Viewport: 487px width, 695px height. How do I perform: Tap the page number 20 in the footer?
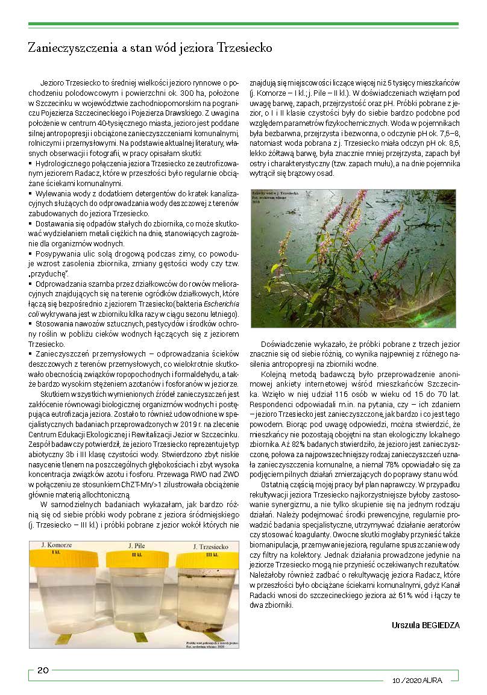pyautogui.click(x=43, y=670)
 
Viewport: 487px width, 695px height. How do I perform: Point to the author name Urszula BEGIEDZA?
pyautogui.click(x=426, y=625)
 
